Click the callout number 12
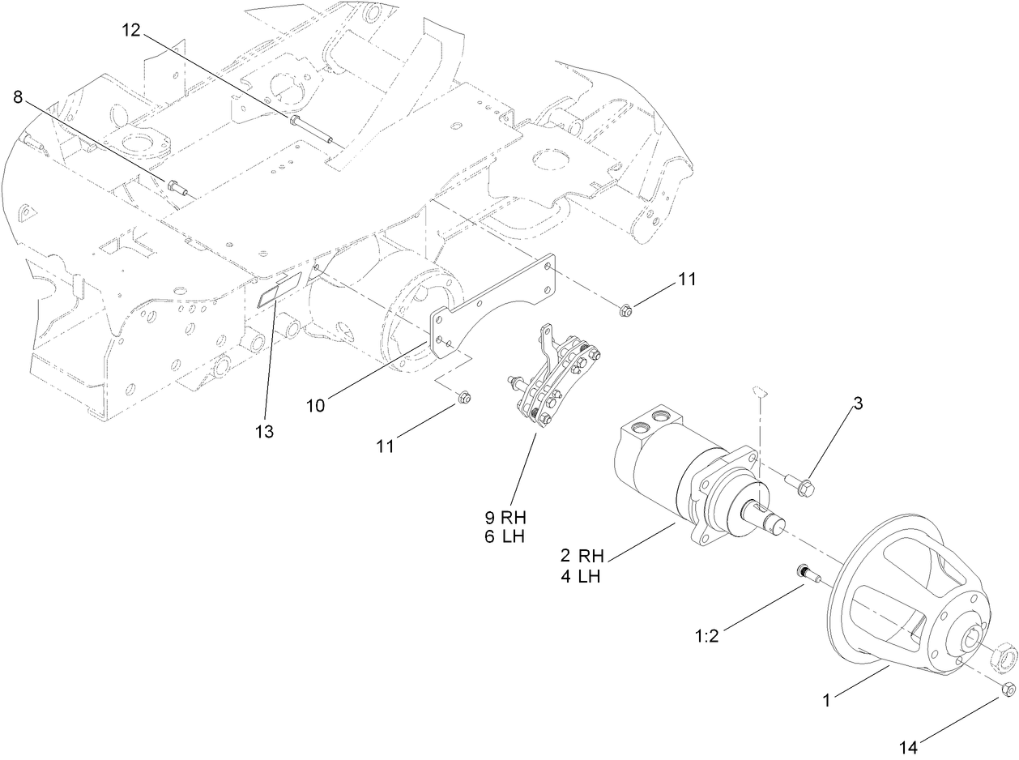point(131,30)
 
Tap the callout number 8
point(18,97)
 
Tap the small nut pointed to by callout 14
point(1008,690)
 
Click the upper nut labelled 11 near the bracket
point(625,309)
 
